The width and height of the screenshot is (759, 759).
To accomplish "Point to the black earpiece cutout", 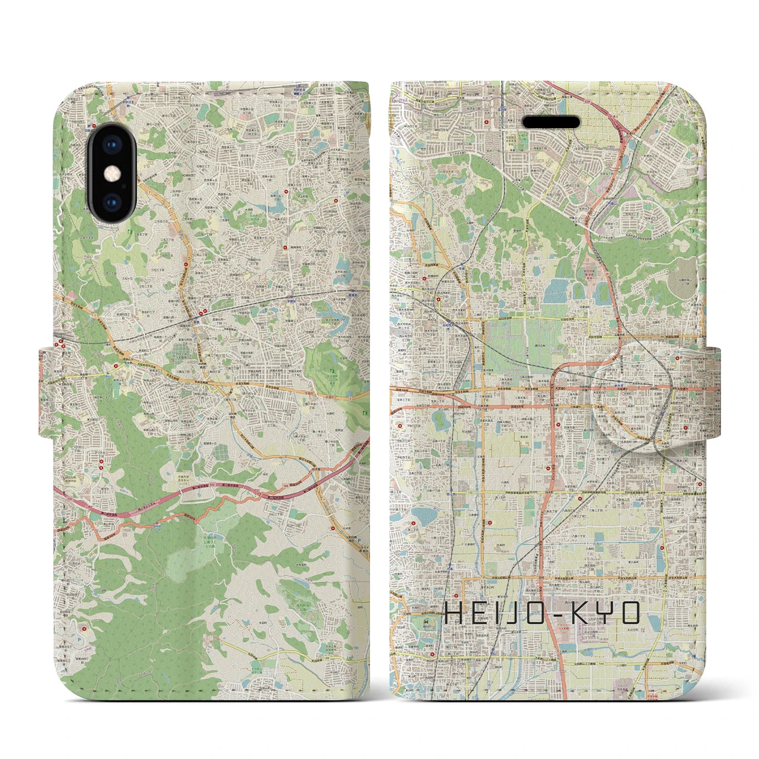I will coord(551,122).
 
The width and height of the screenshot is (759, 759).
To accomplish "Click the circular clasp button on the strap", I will coord(633,383).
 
